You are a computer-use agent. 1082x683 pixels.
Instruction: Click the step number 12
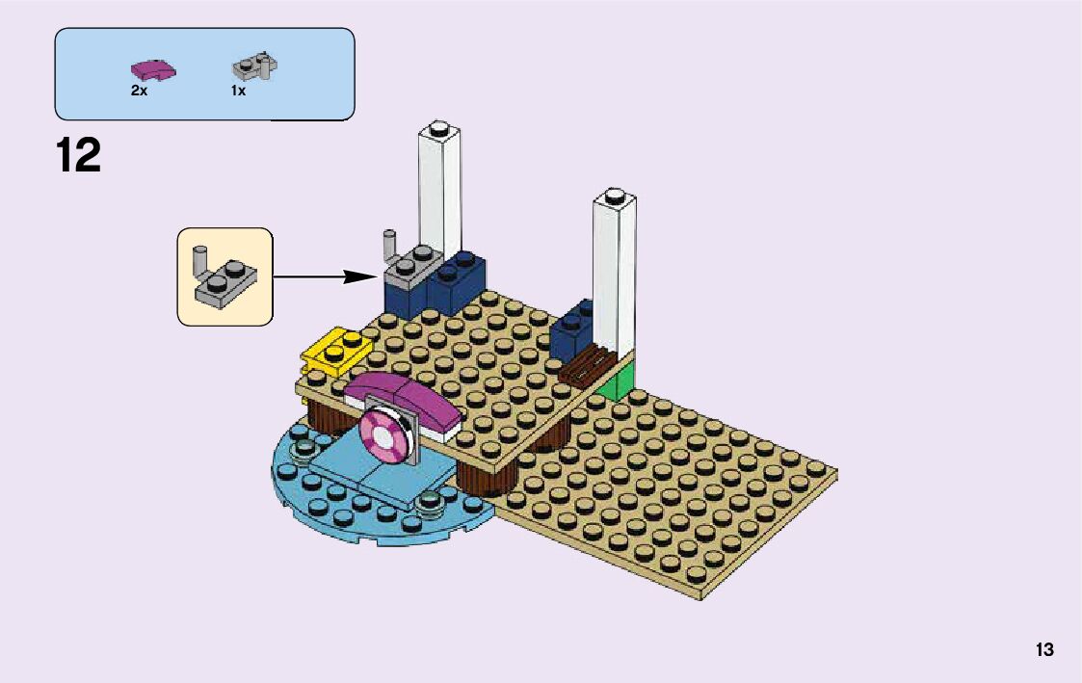78,155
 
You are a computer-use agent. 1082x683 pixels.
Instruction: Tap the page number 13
1044,649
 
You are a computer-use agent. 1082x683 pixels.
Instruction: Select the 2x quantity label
139,91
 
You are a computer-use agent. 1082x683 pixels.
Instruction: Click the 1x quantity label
238,91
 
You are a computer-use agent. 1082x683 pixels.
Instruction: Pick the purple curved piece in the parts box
152,70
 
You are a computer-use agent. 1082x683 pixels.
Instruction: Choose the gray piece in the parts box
254,67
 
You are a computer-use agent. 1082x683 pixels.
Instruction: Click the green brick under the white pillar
615,382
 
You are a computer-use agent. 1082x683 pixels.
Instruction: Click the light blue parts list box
204,73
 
